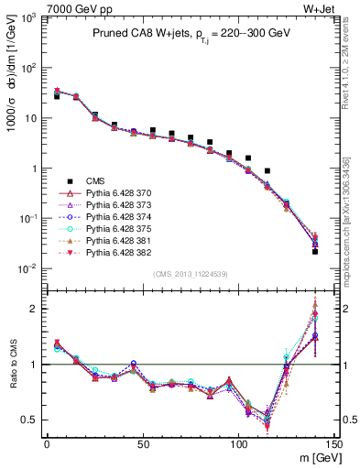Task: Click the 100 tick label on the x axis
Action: [238, 443]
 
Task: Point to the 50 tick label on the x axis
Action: [142, 443]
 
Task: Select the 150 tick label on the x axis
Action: [334, 443]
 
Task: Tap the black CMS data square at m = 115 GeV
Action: [267, 171]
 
